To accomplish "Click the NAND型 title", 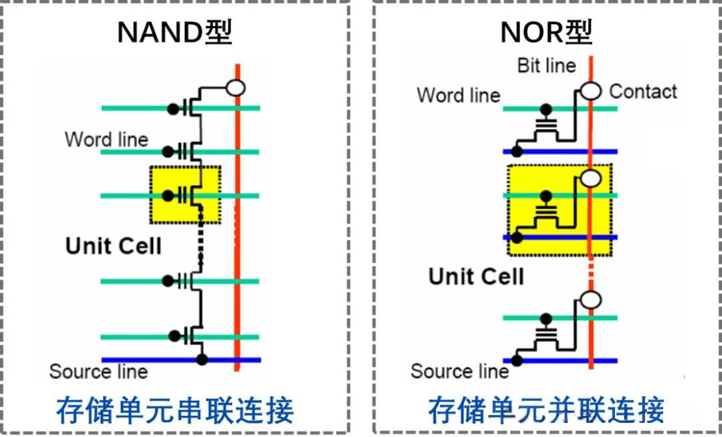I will click(x=174, y=32).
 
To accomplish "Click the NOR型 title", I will click(x=546, y=32).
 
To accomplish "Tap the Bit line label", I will click(x=546, y=65).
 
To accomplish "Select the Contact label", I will click(x=643, y=92).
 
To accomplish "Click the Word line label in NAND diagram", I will click(x=106, y=140).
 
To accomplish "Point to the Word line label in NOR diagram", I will click(x=458, y=95).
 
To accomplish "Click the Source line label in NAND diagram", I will click(x=98, y=372).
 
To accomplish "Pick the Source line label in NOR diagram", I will click(x=459, y=372).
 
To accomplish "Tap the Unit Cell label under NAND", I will click(x=114, y=246).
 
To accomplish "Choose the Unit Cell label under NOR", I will click(x=476, y=276).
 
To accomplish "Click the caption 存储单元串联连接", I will click(x=174, y=410).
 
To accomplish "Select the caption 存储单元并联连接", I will click(x=546, y=410).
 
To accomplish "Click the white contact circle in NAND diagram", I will click(x=235, y=88).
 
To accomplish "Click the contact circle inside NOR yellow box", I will click(x=590, y=178).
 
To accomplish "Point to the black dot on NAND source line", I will click(x=203, y=359).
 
